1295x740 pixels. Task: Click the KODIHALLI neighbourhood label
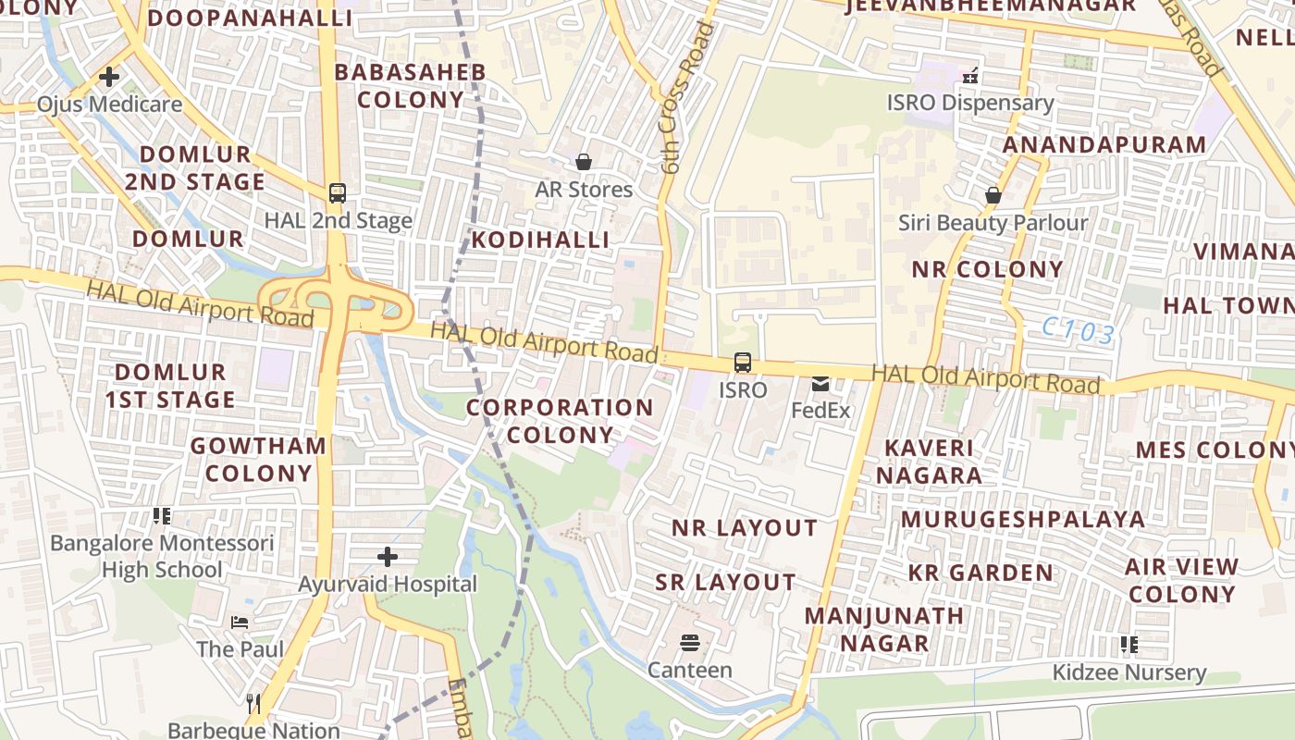point(540,240)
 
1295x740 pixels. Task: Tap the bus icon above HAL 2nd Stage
point(338,193)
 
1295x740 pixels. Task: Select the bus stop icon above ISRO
point(743,363)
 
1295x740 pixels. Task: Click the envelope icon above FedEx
point(820,383)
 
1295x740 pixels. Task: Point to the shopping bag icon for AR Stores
point(584,162)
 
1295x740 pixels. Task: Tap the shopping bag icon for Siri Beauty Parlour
point(993,195)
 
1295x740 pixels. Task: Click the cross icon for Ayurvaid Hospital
point(388,557)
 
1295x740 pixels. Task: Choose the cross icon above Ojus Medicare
point(109,77)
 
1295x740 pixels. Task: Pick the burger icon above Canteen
point(689,642)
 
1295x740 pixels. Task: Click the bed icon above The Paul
point(240,622)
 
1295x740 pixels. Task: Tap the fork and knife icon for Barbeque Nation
point(254,704)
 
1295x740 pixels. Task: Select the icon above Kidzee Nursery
point(1128,644)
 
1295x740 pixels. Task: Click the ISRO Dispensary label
point(970,103)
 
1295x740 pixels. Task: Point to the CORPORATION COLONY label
point(560,421)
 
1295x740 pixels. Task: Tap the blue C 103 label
point(1078,330)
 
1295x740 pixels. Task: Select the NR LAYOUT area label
point(745,528)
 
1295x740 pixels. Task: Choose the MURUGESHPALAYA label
point(1023,519)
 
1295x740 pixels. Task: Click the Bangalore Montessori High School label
point(162,556)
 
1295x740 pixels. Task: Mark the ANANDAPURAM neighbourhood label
point(1104,145)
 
